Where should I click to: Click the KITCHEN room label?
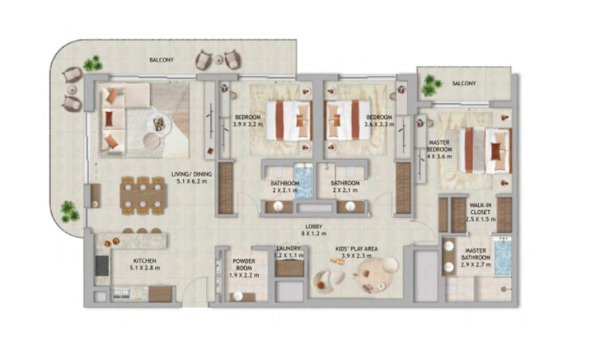coord(144,261)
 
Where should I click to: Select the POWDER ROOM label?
coord(244,265)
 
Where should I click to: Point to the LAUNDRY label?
coord(289,248)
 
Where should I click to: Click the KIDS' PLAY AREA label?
coord(357,249)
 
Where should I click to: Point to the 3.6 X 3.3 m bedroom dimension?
coord(378,125)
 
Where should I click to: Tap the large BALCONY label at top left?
coord(161,60)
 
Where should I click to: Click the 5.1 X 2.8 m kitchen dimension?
coord(144,269)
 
